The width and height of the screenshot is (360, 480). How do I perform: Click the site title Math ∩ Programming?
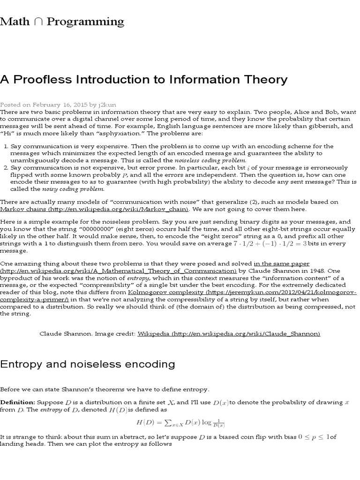pyautogui.click(x=62, y=22)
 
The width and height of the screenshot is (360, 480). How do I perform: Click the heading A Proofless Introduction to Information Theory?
pyautogui.click(x=143, y=79)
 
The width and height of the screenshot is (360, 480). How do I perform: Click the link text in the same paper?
pyautogui.click(x=281, y=264)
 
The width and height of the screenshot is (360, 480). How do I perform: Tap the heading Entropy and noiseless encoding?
pyautogui.click(x=88, y=364)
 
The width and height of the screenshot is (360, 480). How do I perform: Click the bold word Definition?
pyautogui.click(x=17, y=402)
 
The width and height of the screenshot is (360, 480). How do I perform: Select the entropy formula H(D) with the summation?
pyautogui.click(x=180, y=423)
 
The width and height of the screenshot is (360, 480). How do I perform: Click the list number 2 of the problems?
pyautogui.click(x=6, y=167)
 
